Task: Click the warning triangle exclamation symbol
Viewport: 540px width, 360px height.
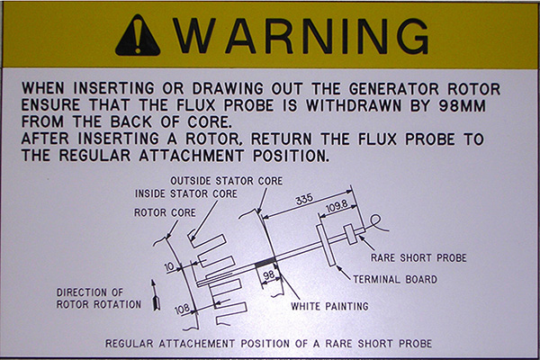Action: [x=137, y=35]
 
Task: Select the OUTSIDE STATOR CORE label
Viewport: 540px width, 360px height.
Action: [x=220, y=180]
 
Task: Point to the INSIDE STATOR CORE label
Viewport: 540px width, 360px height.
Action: [x=186, y=193]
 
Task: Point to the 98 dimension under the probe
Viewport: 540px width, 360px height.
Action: [x=267, y=276]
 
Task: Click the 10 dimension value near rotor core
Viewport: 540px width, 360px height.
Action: [x=168, y=267]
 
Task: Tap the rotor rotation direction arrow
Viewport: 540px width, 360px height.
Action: [x=155, y=294]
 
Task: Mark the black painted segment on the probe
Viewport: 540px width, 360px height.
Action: [x=265, y=262]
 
